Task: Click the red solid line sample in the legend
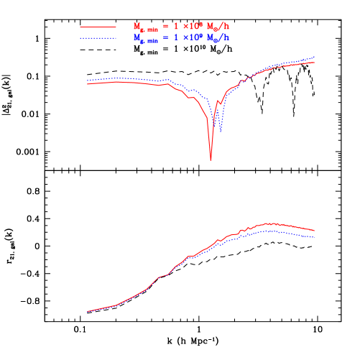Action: coord(98,27)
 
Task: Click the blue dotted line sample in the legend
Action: coord(98,37)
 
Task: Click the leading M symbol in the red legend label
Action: coord(137,27)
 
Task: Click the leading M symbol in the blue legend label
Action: coord(137,37)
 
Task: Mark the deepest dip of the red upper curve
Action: coord(211,159)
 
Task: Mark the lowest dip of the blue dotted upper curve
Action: coord(221,131)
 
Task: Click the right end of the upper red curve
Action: coord(315,63)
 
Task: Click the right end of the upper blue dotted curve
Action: coord(315,57)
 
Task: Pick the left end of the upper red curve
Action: coord(88,84)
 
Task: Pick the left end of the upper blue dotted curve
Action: coord(88,81)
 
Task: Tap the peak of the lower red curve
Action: coord(269,223)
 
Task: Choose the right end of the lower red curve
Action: coord(315,231)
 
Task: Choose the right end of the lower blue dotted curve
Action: coord(315,237)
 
